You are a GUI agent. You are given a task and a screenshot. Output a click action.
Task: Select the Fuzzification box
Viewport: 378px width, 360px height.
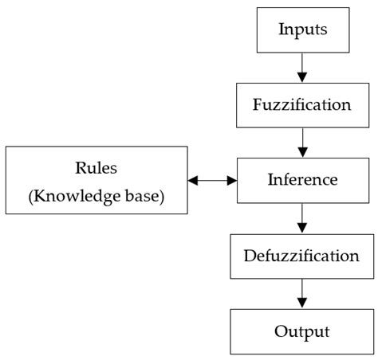[x=301, y=104]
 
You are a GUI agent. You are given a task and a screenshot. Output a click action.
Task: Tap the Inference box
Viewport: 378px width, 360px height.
[x=301, y=179]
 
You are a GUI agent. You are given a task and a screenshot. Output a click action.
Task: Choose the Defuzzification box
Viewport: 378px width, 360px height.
[x=301, y=256]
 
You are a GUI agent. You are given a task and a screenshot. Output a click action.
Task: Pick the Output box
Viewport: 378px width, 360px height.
[x=301, y=331]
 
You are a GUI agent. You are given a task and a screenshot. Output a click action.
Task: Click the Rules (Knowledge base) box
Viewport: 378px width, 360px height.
[x=96, y=179]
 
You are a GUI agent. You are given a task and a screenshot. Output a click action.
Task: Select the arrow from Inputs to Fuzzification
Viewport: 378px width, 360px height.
[x=301, y=67]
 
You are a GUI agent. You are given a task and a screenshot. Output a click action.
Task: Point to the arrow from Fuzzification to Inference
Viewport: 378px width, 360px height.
[x=301, y=142]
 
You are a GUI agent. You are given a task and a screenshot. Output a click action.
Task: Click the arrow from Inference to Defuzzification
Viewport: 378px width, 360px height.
[x=301, y=217]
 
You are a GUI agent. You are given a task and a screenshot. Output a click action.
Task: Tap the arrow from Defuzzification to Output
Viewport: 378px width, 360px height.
[x=301, y=293]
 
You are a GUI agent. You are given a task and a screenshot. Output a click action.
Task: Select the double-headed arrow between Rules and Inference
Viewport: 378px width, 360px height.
[x=212, y=180]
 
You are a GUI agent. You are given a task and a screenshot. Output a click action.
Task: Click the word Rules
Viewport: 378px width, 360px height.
[x=96, y=168]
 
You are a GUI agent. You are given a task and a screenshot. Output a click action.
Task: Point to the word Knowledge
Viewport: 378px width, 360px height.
[x=83, y=196]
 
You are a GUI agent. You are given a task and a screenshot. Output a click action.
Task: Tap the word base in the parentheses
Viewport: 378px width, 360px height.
[x=145, y=196]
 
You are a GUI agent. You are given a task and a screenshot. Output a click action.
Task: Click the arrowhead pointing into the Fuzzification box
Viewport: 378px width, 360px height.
[x=301, y=77]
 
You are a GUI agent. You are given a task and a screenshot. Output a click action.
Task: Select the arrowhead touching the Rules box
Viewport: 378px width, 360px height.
[x=193, y=180]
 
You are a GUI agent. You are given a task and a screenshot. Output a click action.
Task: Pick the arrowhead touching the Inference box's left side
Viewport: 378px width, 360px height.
[x=232, y=180]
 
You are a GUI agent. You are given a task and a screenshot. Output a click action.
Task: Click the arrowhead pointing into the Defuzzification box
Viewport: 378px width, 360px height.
[x=301, y=228]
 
